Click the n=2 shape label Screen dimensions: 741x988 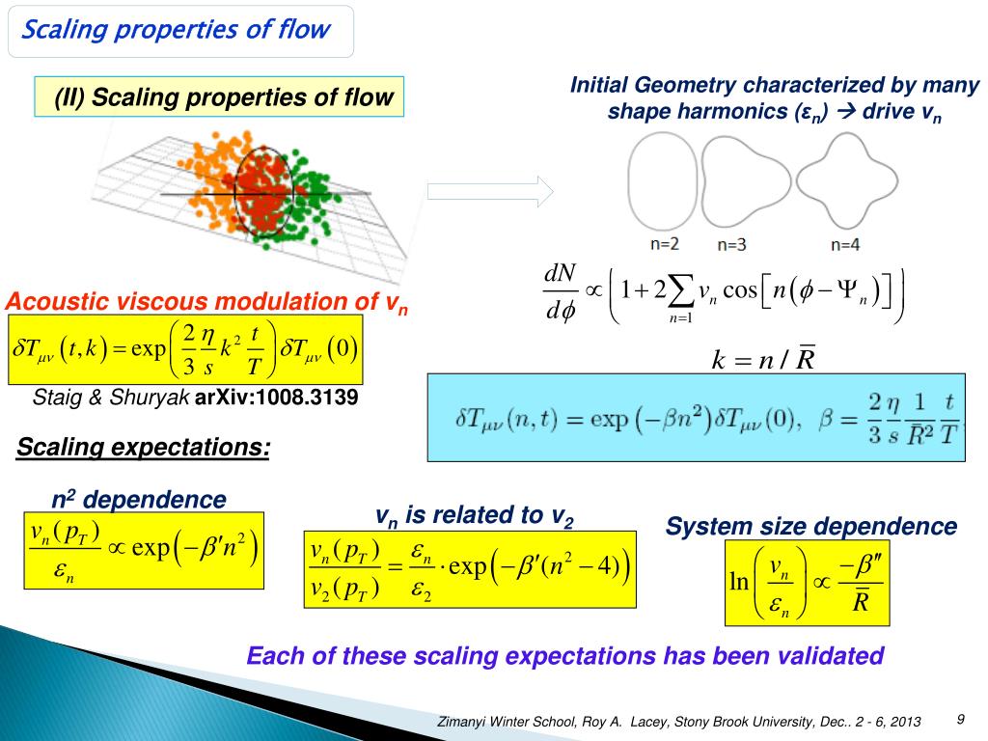tap(663, 245)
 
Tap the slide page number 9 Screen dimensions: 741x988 tap(961, 719)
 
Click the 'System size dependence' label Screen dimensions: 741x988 tap(810, 526)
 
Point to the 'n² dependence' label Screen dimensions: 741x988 tap(138, 500)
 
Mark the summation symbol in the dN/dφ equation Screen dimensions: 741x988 tap(680, 290)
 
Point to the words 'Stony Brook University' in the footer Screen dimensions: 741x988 tap(741, 722)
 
